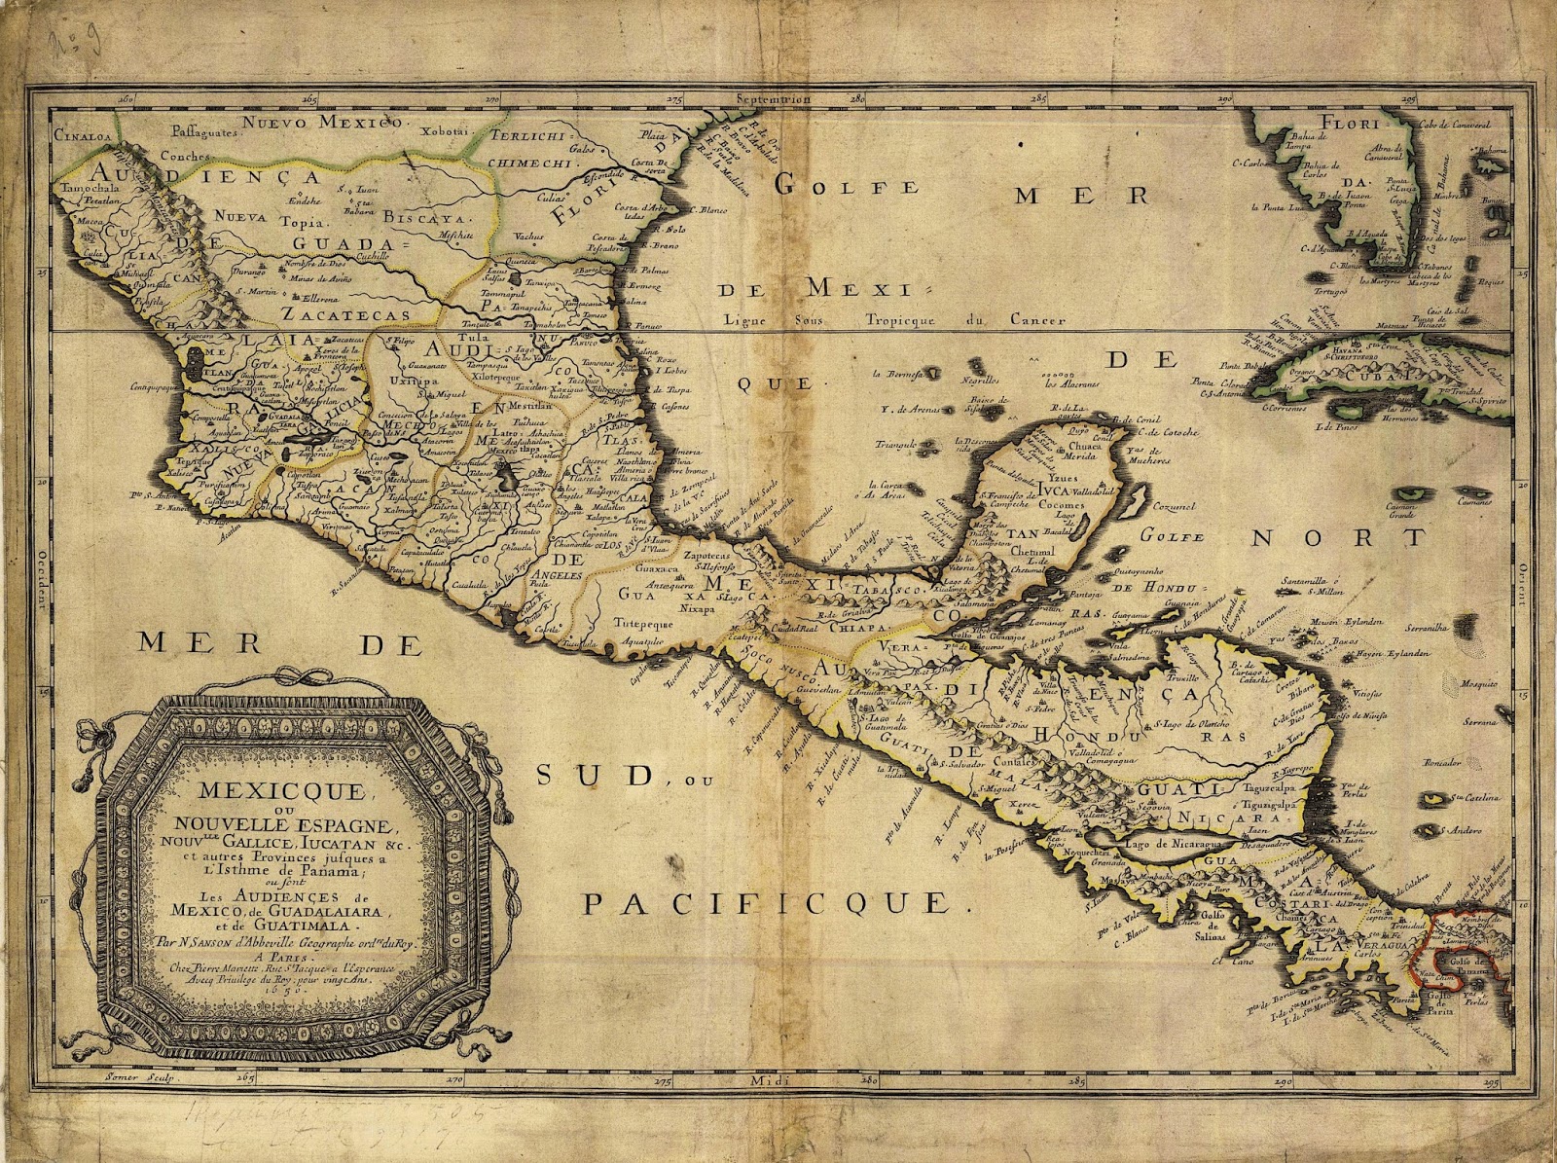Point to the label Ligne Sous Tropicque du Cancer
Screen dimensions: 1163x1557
pyautogui.click(x=894, y=319)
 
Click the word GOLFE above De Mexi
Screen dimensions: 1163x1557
pyautogui.click(x=847, y=185)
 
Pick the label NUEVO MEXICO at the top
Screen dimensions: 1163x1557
pyautogui.click(x=322, y=122)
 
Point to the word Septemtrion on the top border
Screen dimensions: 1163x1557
pyautogui.click(x=773, y=98)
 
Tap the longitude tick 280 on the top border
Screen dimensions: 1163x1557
pyautogui.click(x=856, y=98)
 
